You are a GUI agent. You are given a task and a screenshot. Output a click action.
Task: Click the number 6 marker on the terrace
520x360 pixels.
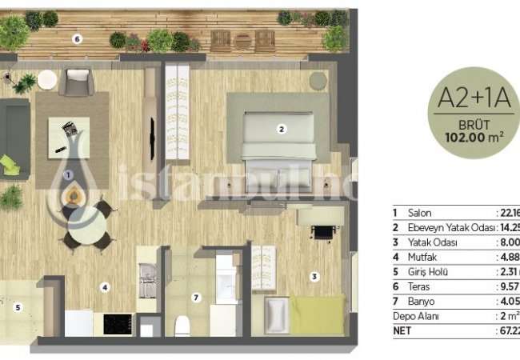click(x=76, y=38)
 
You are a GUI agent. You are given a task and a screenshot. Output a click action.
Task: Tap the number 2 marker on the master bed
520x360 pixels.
click(x=281, y=127)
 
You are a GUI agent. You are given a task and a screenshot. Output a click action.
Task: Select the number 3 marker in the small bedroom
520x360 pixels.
click(x=314, y=277)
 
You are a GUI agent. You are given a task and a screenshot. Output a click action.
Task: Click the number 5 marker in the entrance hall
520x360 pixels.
click(x=18, y=305)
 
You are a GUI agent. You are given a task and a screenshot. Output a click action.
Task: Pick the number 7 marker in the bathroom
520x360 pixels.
click(x=194, y=298)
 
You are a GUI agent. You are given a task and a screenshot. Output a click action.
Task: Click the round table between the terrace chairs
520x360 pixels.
click(x=243, y=38)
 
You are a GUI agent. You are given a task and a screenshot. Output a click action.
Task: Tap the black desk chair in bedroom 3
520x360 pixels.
click(x=322, y=233)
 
